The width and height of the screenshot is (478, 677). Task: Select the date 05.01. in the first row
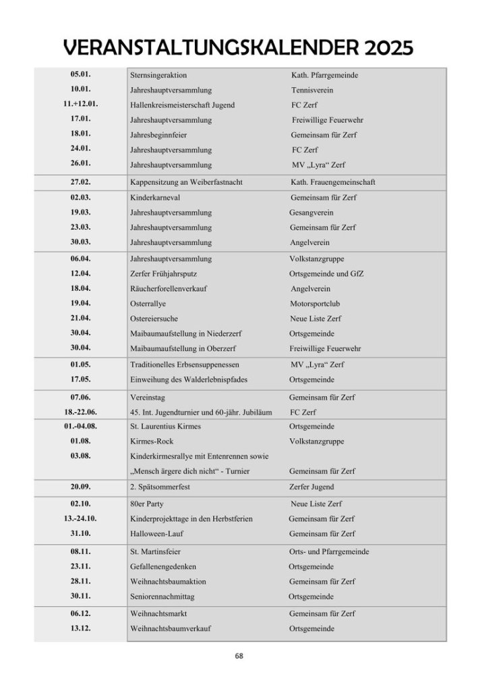coord(80,75)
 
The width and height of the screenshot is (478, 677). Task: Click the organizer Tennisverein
coord(312,90)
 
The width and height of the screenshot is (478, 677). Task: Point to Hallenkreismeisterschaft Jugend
coord(182,105)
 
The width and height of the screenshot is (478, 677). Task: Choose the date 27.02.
coord(80,182)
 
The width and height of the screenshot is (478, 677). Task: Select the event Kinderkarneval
coord(154,198)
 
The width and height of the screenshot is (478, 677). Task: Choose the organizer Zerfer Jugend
coord(311,487)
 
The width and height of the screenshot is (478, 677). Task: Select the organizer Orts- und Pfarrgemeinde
coord(329,551)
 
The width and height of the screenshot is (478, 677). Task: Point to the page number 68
coord(239,655)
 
